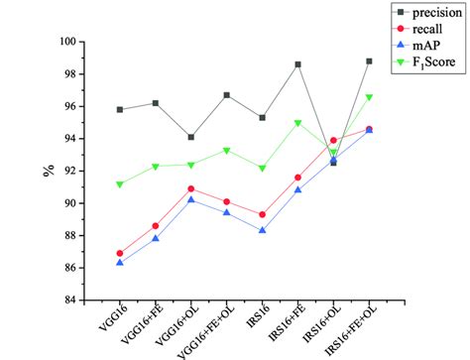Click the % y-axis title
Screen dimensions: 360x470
[x=48, y=170]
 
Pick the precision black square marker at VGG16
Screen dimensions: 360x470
[x=120, y=109]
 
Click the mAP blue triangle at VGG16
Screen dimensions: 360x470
[x=120, y=262]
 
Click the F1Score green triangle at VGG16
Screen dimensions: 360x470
[x=120, y=184]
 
